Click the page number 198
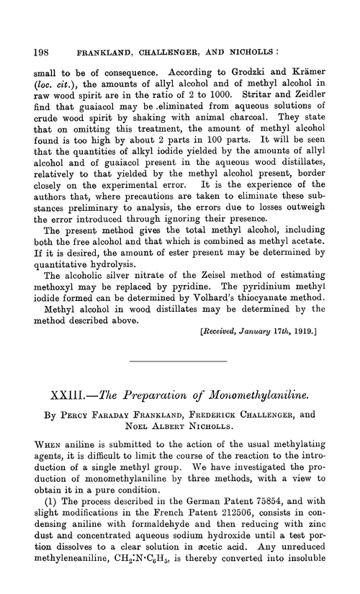pyautogui.click(x=30, y=32)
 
